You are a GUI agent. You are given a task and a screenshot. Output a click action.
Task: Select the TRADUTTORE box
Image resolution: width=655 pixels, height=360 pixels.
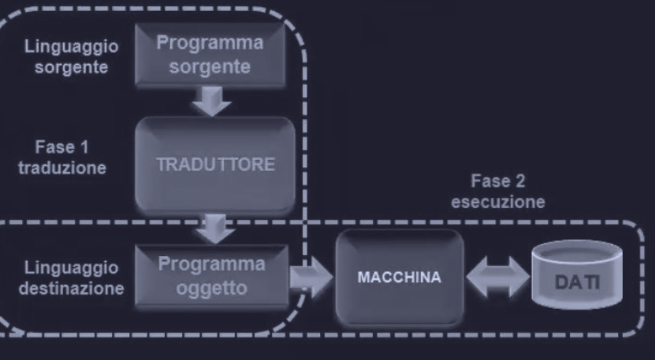(x=215, y=165)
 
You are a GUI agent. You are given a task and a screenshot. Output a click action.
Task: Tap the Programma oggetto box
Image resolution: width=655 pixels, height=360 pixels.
(x=210, y=276)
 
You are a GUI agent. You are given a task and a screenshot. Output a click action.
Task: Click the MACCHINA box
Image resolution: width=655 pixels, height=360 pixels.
(x=399, y=278)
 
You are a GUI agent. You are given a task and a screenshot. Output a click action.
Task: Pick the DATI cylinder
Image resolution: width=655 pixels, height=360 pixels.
(x=577, y=276)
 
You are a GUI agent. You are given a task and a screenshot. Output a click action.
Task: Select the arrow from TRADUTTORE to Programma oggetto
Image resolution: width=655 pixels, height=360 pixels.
(x=214, y=228)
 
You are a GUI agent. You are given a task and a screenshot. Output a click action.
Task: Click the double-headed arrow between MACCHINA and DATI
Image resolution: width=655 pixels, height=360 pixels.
(x=498, y=278)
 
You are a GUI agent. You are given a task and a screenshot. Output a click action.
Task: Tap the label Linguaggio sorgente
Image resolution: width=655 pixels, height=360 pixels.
(x=72, y=57)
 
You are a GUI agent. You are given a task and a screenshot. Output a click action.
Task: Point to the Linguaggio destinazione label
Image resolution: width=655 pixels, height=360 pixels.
(x=72, y=278)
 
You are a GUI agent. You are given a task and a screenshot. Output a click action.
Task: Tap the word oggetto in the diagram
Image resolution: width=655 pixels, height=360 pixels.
(x=211, y=288)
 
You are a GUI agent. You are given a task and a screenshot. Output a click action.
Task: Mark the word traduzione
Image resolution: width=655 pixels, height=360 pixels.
(x=62, y=168)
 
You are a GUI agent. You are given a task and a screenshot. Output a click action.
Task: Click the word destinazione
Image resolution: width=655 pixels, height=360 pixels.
(x=72, y=288)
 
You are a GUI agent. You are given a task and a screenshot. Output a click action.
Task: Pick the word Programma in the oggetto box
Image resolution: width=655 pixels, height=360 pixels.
(x=211, y=265)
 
